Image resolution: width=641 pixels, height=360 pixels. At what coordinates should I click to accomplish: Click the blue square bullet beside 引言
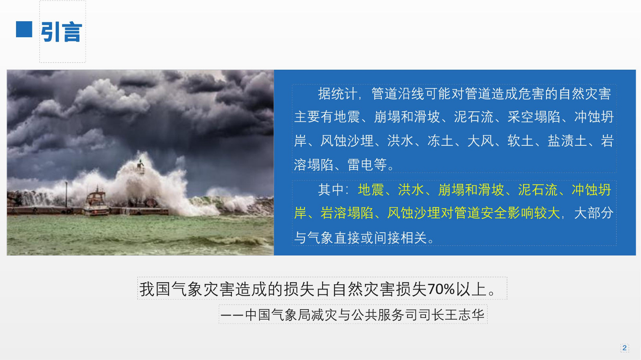24,29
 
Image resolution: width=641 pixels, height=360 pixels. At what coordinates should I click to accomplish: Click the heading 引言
62,32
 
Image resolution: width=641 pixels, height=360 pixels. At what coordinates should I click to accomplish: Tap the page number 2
625,348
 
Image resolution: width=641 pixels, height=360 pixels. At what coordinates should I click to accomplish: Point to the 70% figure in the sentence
441,289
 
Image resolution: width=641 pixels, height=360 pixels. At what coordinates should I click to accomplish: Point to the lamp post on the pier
67,195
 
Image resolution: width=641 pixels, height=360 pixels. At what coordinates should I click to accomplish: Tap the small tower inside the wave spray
140,167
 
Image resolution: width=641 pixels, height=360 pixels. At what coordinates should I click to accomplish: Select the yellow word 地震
371,190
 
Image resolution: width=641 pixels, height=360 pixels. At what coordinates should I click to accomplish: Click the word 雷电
360,165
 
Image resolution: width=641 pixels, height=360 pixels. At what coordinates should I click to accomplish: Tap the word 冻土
440,141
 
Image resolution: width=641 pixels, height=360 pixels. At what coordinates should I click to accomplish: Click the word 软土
520,141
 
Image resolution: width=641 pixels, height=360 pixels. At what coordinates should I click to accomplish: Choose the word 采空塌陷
534,117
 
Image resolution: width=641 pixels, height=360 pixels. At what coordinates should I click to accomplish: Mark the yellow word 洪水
411,190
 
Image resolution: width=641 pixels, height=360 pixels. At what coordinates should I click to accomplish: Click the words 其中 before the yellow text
331,190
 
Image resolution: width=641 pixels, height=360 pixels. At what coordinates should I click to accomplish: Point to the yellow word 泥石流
538,190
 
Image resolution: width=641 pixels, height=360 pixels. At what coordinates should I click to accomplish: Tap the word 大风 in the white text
480,141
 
